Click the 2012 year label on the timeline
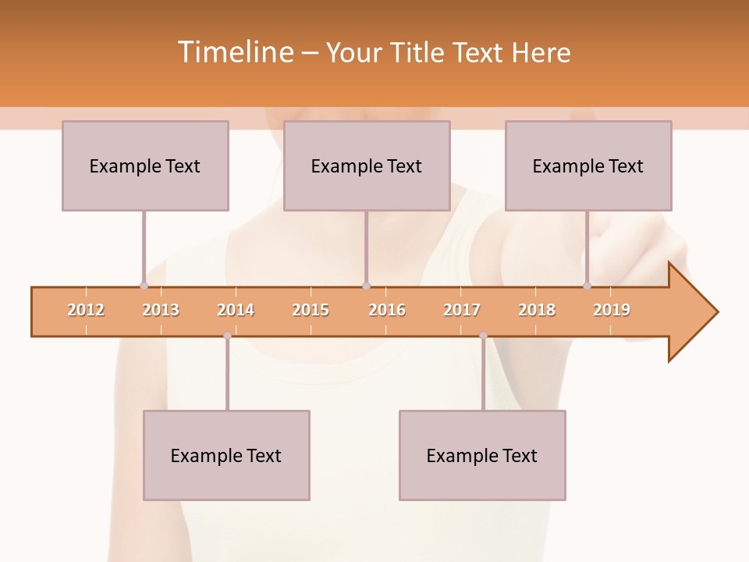pyautogui.click(x=86, y=310)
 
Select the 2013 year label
pyautogui.click(x=161, y=310)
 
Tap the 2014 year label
pyautogui.click(x=236, y=310)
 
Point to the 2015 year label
pyautogui.click(x=311, y=310)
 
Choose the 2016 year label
pyautogui.click(x=387, y=310)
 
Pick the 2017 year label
pyautogui.click(x=462, y=310)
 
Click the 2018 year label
pyautogui.click(x=537, y=310)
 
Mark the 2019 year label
pyautogui.click(x=612, y=310)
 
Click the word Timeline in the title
pyautogui.click(x=234, y=52)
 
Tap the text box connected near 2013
pyautogui.click(x=145, y=165)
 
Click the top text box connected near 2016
pyautogui.click(x=367, y=165)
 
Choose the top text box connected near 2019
pyautogui.click(x=588, y=165)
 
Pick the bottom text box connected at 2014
pyautogui.click(x=226, y=455)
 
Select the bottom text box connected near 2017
pyautogui.click(x=482, y=455)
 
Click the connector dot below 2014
pyautogui.click(x=227, y=336)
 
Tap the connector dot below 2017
pyautogui.click(x=483, y=336)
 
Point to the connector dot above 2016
pyautogui.click(x=366, y=286)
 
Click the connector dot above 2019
pyautogui.click(x=587, y=286)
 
